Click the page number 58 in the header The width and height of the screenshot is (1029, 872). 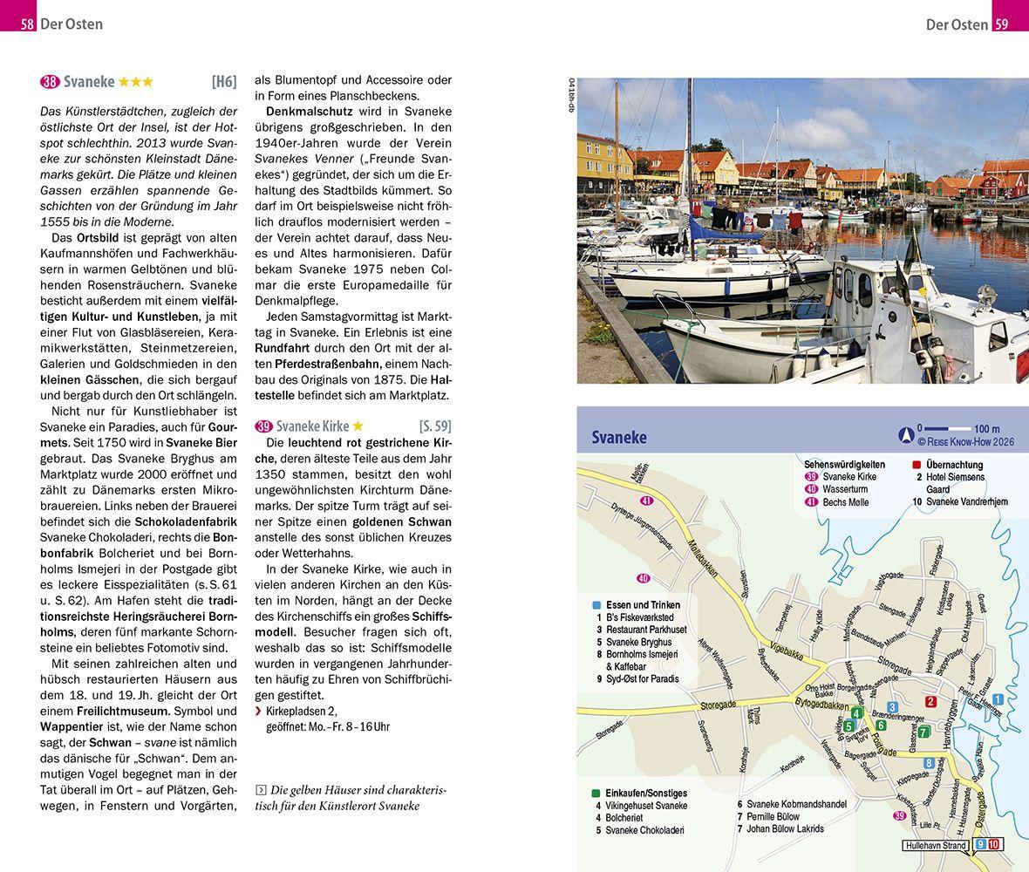(x=27, y=24)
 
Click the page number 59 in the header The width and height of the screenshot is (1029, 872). (x=1001, y=24)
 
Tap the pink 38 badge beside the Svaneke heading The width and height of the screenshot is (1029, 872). (x=50, y=82)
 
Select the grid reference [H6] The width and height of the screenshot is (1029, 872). (x=224, y=82)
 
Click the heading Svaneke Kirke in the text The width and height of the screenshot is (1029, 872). (x=312, y=426)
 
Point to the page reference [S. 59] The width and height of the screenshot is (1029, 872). (x=435, y=426)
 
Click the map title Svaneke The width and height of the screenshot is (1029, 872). (x=618, y=437)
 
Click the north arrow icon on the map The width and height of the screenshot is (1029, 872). (x=907, y=430)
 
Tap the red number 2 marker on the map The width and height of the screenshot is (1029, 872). (x=930, y=702)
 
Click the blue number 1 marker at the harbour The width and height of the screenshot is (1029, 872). (x=998, y=699)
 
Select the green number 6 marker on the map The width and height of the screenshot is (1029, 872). (x=881, y=725)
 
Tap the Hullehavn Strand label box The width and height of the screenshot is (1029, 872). (x=935, y=846)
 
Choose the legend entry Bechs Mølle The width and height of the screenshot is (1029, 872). (x=846, y=502)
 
